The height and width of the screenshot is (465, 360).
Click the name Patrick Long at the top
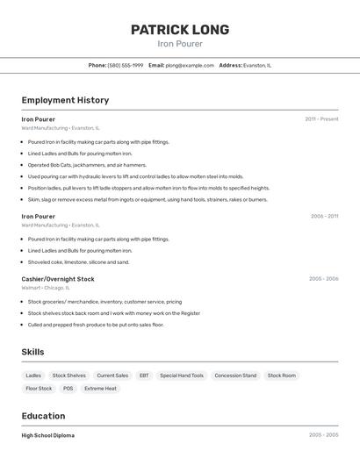point(180,30)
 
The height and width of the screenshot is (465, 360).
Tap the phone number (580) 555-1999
point(126,65)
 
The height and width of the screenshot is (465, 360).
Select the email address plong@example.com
point(190,65)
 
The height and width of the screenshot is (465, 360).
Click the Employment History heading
point(65,100)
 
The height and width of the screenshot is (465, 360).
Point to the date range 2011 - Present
point(321,119)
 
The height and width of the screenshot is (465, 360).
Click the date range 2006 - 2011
point(324,216)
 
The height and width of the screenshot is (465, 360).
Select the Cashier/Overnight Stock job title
point(58,279)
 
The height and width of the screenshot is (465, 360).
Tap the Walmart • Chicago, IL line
point(46,287)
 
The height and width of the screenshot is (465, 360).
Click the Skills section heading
point(33,352)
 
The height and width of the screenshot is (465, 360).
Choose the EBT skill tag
point(144,376)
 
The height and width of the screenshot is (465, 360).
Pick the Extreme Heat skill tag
point(100,388)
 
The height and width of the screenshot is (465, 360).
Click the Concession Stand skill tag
point(235,376)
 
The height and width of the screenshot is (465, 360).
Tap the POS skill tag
point(68,388)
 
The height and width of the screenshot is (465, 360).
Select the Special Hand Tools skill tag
point(182,376)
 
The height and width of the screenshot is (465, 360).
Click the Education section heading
point(43,416)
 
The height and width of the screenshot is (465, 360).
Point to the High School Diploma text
point(48,435)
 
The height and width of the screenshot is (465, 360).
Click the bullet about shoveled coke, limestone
point(78,261)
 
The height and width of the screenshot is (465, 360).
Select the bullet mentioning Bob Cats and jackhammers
point(87,165)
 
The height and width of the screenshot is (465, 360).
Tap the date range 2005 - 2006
point(323,279)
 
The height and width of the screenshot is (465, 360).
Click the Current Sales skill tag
point(112,376)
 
